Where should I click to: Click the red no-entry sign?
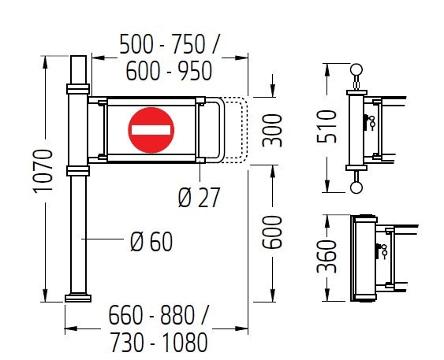click(x=150, y=130)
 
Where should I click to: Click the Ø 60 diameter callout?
click(x=151, y=241)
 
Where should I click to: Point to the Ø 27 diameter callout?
click(x=199, y=197)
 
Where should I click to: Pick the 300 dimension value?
click(x=272, y=130)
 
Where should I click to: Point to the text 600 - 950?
click(x=169, y=71)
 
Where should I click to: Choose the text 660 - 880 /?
click(x=158, y=317)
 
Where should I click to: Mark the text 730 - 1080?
click(x=159, y=343)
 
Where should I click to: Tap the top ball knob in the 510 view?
click(x=356, y=71)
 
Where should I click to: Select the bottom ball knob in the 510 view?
click(x=356, y=187)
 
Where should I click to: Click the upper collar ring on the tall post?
click(x=78, y=87)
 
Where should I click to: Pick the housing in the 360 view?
click(x=364, y=258)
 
